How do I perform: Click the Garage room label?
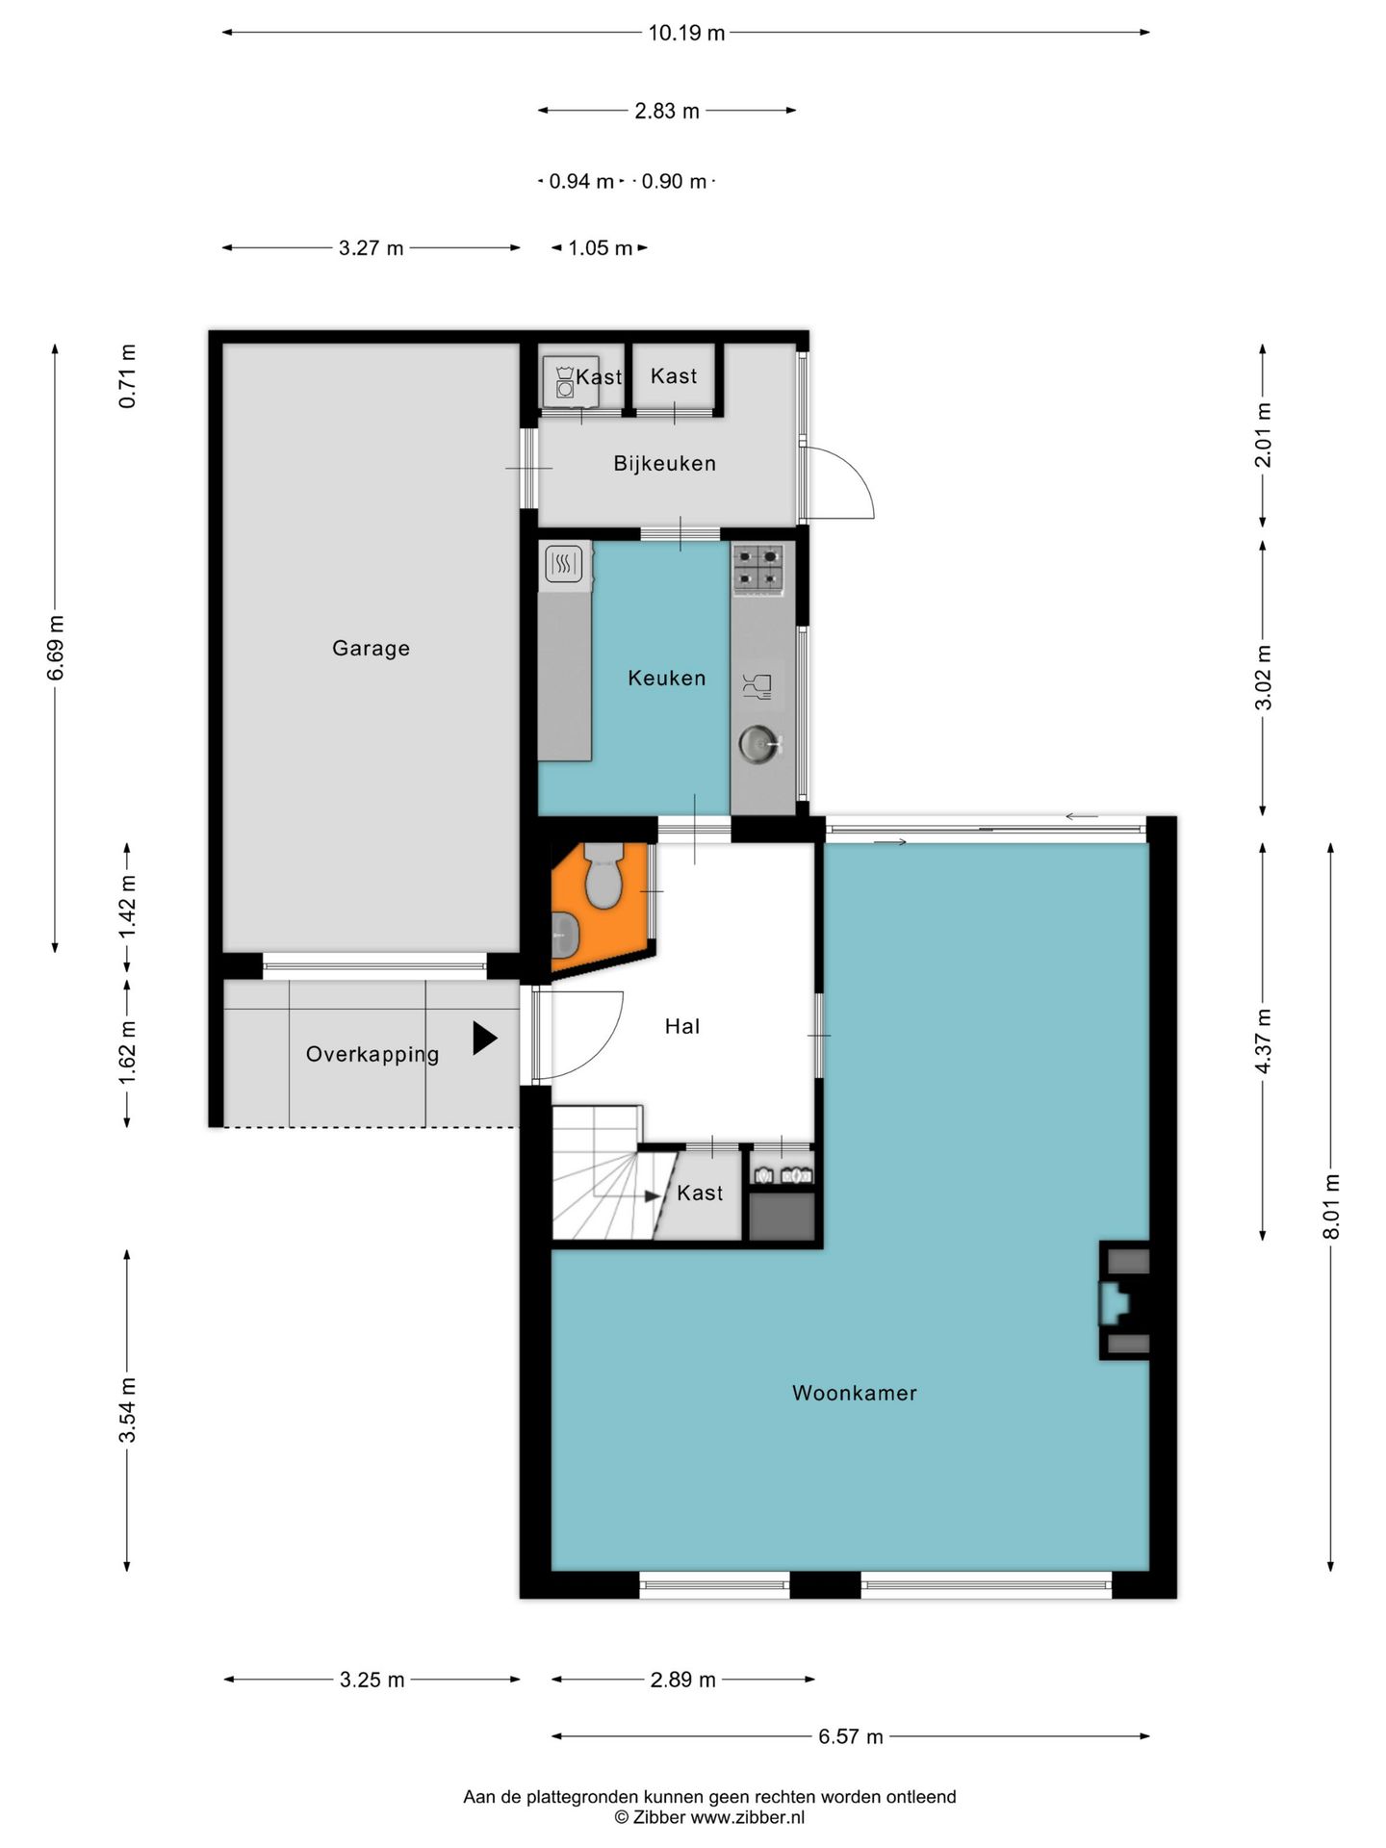tap(371, 649)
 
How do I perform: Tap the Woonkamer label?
tap(854, 1393)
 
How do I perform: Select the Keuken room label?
tap(666, 679)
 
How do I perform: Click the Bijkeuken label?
tap(664, 464)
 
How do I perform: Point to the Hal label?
tap(681, 1027)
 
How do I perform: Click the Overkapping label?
tap(372, 1055)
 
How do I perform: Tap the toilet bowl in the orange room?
tap(603, 877)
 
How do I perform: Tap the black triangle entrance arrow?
tap(484, 1039)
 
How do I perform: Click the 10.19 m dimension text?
tap(686, 34)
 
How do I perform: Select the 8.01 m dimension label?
tap(1332, 1206)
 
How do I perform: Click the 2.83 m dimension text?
tap(666, 112)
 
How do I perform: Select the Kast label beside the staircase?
tap(699, 1193)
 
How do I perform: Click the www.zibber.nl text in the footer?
tap(748, 1817)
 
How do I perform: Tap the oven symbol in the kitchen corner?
tap(564, 564)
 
